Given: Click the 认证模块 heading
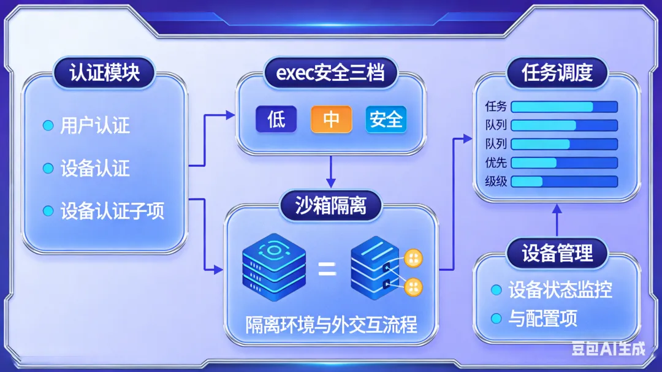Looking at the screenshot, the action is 104,73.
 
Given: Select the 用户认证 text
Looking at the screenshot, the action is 95,126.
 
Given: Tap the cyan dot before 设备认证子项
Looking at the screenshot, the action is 48,211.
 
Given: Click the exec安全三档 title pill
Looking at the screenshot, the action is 330,73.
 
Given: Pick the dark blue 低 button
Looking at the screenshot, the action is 276,120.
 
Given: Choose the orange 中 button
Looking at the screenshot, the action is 331,120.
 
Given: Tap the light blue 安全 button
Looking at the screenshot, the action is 386,120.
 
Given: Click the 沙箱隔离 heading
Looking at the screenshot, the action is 330,205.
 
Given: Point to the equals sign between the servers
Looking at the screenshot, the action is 327,268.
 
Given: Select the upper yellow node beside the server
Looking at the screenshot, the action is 414,258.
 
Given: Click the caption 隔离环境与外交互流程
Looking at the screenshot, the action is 331,324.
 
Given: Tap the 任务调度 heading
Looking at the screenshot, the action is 557,73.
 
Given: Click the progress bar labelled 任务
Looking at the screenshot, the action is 564,107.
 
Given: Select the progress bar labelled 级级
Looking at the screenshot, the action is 564,181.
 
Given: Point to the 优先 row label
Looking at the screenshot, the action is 495,163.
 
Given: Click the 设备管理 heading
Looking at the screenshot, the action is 557,252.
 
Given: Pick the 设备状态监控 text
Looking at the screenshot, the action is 560,289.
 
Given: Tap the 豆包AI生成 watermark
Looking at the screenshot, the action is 608,349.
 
